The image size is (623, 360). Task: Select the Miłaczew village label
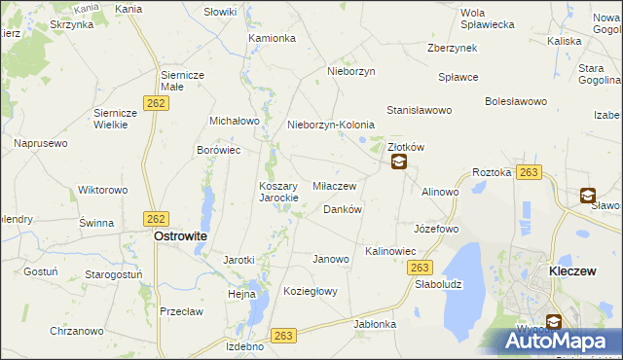334,185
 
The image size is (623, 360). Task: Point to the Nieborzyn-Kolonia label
331,126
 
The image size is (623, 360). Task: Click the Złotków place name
407,146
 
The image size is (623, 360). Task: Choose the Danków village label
342,209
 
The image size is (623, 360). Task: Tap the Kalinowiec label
390,251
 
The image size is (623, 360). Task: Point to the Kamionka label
272,39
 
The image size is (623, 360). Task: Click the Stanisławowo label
420,111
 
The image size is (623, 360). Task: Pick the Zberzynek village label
452,48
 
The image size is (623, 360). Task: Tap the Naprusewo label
40,143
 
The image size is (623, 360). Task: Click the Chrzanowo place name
76,331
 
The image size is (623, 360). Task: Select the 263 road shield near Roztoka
529,172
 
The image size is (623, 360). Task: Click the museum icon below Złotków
399,163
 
